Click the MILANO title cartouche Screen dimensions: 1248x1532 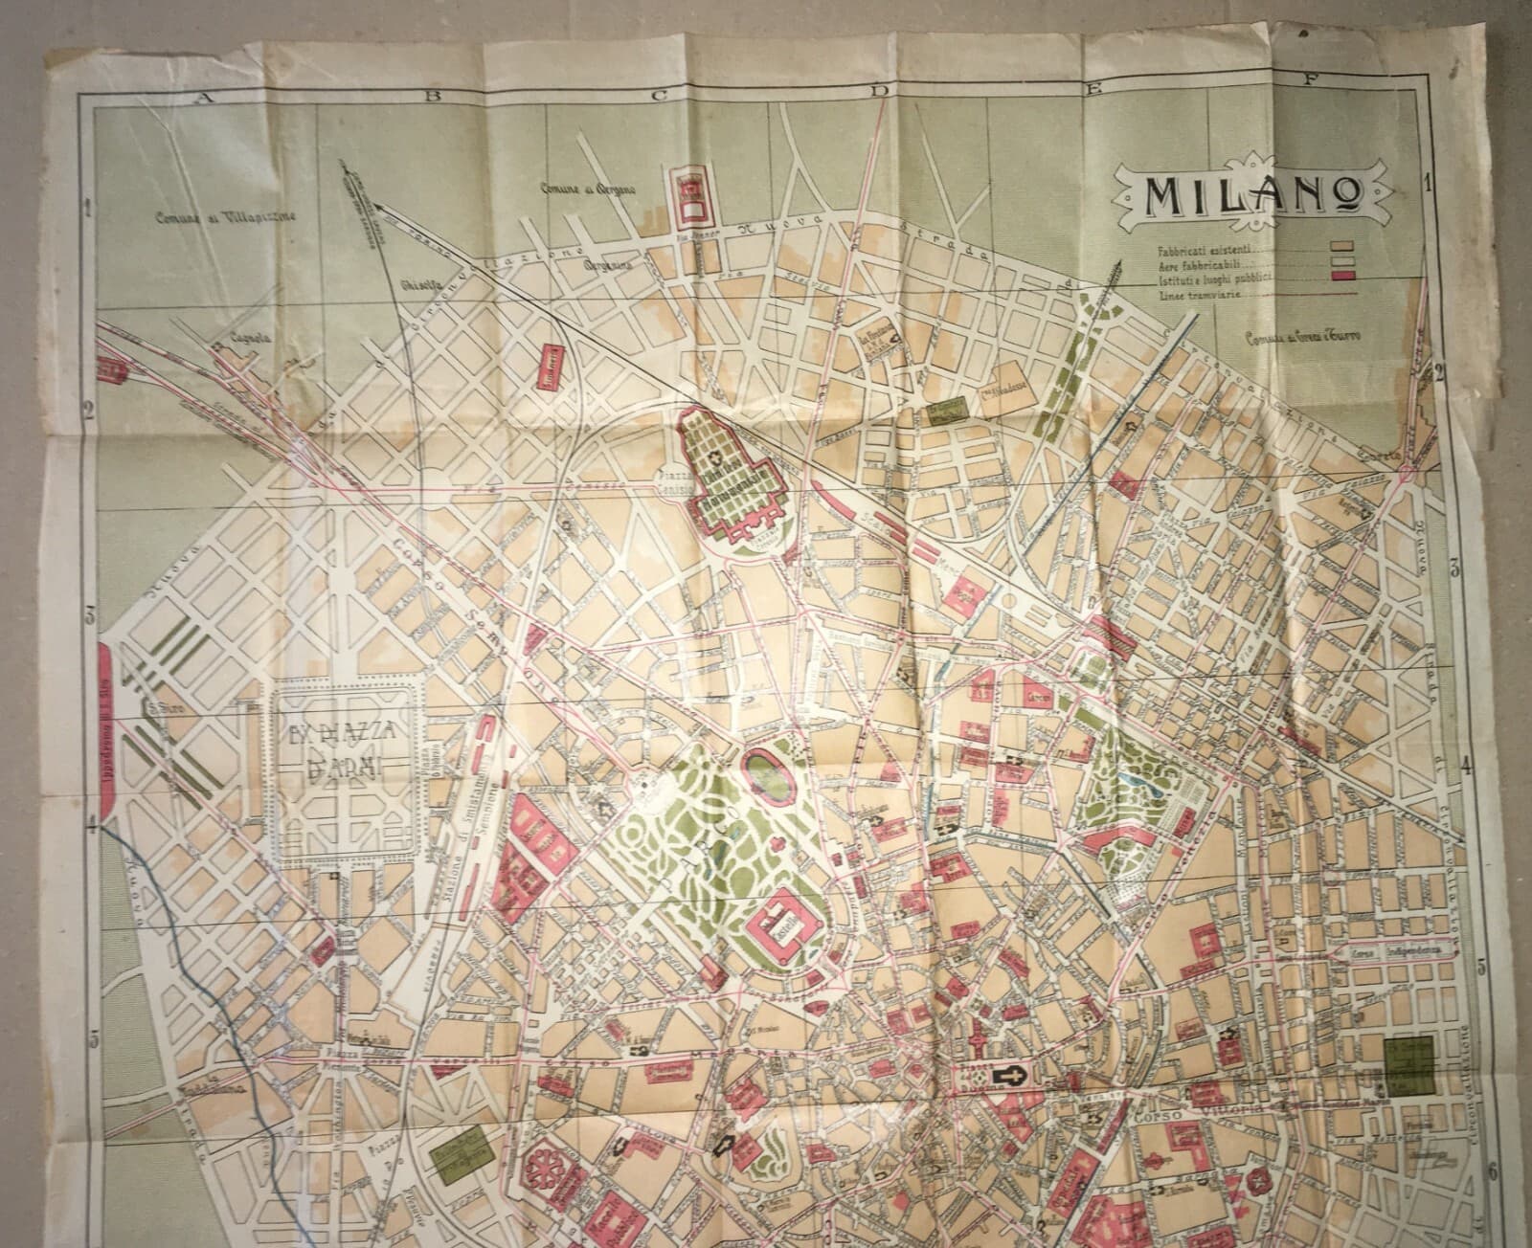pos(1250,195)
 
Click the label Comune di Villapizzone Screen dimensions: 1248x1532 pos(210,217)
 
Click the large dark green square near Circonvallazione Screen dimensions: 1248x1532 pos(1408,1065)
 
